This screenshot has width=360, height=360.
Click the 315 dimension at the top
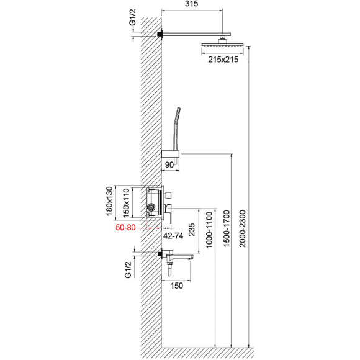tap(192, 6)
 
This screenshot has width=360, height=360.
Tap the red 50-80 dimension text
tap(125, 228)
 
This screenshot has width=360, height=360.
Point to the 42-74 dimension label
tap(173, 236)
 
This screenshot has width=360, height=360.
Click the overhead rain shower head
tap(222, 45)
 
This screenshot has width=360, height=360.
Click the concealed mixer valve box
tap(153, 202)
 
